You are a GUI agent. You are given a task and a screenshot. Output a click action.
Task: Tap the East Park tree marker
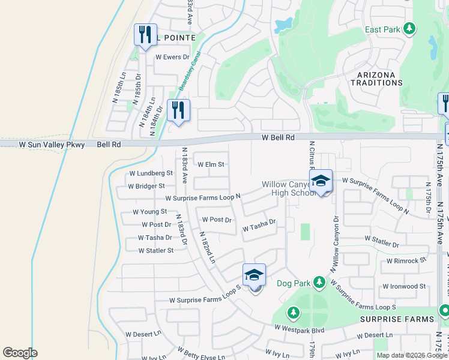(x=409, y=28)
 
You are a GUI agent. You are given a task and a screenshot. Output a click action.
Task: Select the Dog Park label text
(x=292, y=283)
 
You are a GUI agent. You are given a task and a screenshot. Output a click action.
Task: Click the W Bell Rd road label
(x=278, y=137)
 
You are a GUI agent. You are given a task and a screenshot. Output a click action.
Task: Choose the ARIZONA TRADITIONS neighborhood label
(x=376, y=79)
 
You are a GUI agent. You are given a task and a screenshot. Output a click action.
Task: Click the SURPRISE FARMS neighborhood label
(x=396, y=319)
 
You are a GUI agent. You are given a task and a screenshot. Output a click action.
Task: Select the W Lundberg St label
(x=151, y=173)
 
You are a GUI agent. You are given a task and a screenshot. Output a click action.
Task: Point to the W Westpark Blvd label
(x=299, y=329)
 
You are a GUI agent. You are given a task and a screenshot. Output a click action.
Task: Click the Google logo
(x=20, y=353)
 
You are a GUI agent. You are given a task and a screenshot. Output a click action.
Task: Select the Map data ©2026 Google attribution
(x=411, y=355)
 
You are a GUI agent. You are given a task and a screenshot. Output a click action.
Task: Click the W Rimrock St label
(x=406, y=261)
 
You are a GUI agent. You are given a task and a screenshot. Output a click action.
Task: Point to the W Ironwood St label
(x=404, y=287)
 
